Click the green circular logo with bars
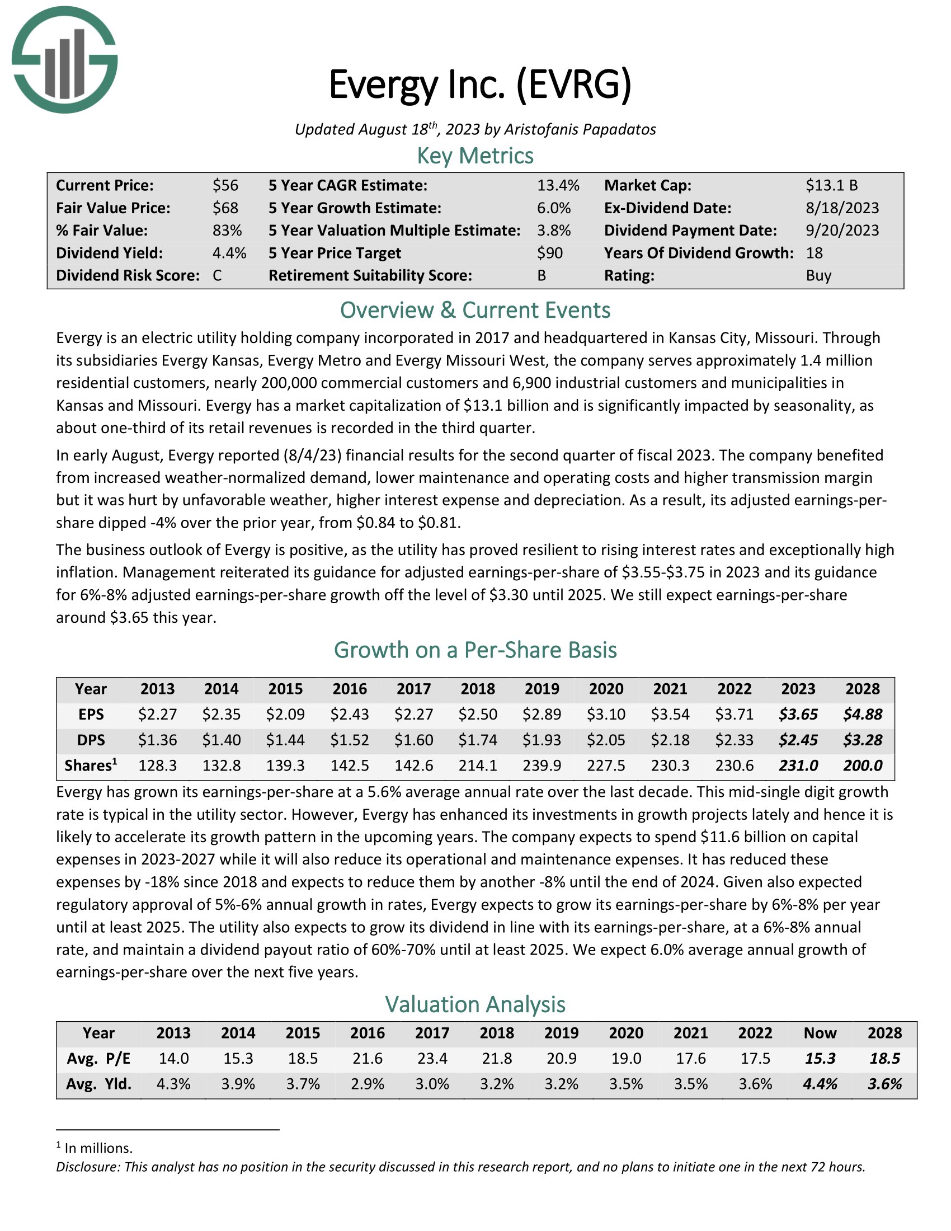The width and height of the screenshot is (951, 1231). tap(64, 60)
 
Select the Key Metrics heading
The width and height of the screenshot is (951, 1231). tap(475, 156)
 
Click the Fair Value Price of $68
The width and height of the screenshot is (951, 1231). tap(225, 208)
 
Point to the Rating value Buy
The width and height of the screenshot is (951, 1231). tap(818, 276)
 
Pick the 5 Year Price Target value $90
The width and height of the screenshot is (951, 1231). tap(550, 253)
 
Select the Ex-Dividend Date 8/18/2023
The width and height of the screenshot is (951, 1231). tap(842, 208)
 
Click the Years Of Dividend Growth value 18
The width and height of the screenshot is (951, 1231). tap(814, 253)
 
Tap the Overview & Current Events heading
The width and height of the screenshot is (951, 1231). tap(475, 311)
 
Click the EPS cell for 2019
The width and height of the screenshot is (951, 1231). tap(542, 714)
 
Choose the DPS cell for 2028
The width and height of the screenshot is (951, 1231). tap(863, 740)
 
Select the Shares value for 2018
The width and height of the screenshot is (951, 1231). tap(478, 765)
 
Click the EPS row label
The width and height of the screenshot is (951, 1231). tap(91, 714)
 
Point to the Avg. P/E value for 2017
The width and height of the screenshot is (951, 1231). tap(432, 1059)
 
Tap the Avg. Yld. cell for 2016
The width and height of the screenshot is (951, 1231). tap(368, 1084)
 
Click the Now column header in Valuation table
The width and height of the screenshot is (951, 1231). tap(820, 1033)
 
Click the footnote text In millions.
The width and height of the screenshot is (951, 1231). tap(98, 1148)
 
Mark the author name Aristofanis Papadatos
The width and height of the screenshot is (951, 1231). tap(580, 130)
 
